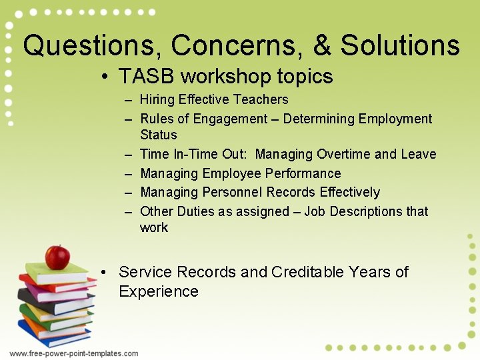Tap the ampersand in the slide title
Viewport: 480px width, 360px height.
[323, 46]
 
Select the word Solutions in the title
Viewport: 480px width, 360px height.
[400, 46]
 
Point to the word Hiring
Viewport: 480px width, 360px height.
[157, 100]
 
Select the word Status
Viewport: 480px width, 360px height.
[159, 135]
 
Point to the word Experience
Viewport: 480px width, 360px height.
[159, 292]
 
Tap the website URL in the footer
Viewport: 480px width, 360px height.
[73, 353]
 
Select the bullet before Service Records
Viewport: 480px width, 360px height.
[106, 273]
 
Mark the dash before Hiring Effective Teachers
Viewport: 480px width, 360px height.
[127, 100]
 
